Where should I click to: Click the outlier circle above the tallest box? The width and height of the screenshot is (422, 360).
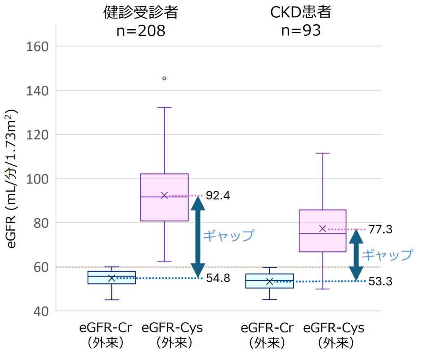point(164,78)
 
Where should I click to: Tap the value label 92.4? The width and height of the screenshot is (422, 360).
point(218,195)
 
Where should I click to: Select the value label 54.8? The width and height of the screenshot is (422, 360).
point(218,278)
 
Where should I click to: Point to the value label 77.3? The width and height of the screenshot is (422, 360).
point(380,229)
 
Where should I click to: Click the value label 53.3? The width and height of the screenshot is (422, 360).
point(380,282)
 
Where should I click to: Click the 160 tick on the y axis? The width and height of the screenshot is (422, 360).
point(38,46)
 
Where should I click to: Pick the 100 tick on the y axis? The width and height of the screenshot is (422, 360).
point(38,179)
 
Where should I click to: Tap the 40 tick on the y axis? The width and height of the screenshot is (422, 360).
point(41,311)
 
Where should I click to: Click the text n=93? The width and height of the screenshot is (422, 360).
point(301,31)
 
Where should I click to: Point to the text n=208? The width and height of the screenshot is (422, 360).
point(141,31)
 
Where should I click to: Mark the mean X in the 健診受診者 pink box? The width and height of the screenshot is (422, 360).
point(164,195)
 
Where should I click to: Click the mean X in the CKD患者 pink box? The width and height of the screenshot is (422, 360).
point(323,228)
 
